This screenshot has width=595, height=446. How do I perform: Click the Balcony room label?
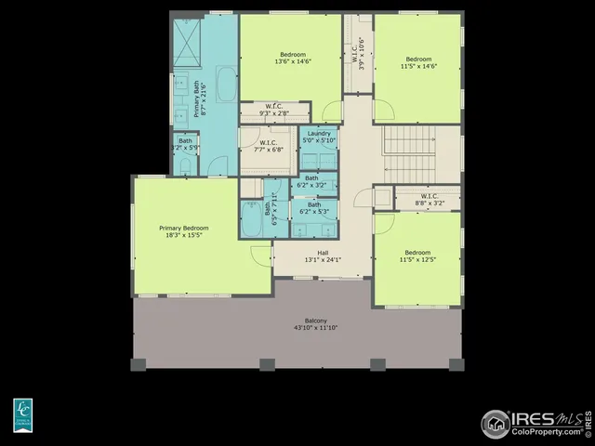pyautogui.click(x=297, y=321)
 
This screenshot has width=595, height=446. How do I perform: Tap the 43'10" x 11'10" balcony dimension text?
pyautogui.click(x=297, y=328)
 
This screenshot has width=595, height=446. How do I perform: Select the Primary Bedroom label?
pyautogui.click(x=183, y=228)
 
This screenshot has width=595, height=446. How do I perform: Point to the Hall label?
pyautogui.click(x=323, y=252)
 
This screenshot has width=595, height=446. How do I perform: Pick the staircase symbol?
pyautogui.click(x=409, y=154)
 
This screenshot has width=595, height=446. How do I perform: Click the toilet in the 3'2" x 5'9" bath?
pyautogui.click(x=186, y=165)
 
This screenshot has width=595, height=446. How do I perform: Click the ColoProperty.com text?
pyautogui.click(x=546, y=431)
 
